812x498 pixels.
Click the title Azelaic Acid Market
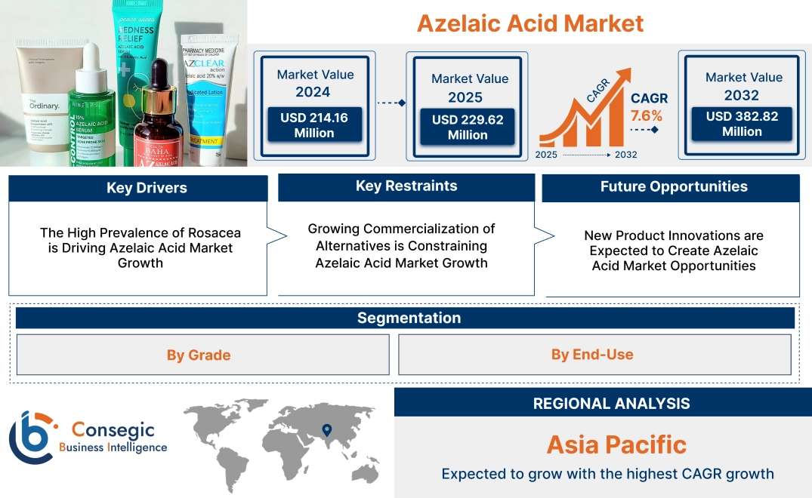[529, 23]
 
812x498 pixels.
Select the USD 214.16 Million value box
[313, 125]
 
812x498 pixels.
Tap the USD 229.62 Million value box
[467, 127]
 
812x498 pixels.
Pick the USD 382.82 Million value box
[742, 124]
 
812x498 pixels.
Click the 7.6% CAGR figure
[646, 115]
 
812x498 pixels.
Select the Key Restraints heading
[406, 186]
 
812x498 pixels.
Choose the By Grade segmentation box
[199, 355]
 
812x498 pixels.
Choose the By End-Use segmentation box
[591, 355]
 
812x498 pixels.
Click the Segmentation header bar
[409, 318]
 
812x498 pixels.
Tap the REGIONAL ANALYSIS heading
[611, 404]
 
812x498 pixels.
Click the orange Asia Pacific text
[616, 444]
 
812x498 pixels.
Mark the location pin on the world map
[326, 431]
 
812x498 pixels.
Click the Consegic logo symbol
[30, 437]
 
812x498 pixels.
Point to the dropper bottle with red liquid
[158, 121]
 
